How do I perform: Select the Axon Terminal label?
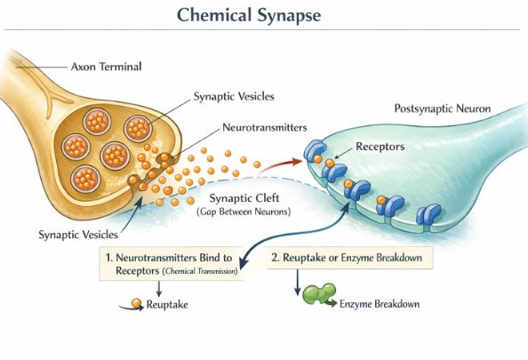tap(106, 66)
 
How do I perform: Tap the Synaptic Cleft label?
tap(246, 198)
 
